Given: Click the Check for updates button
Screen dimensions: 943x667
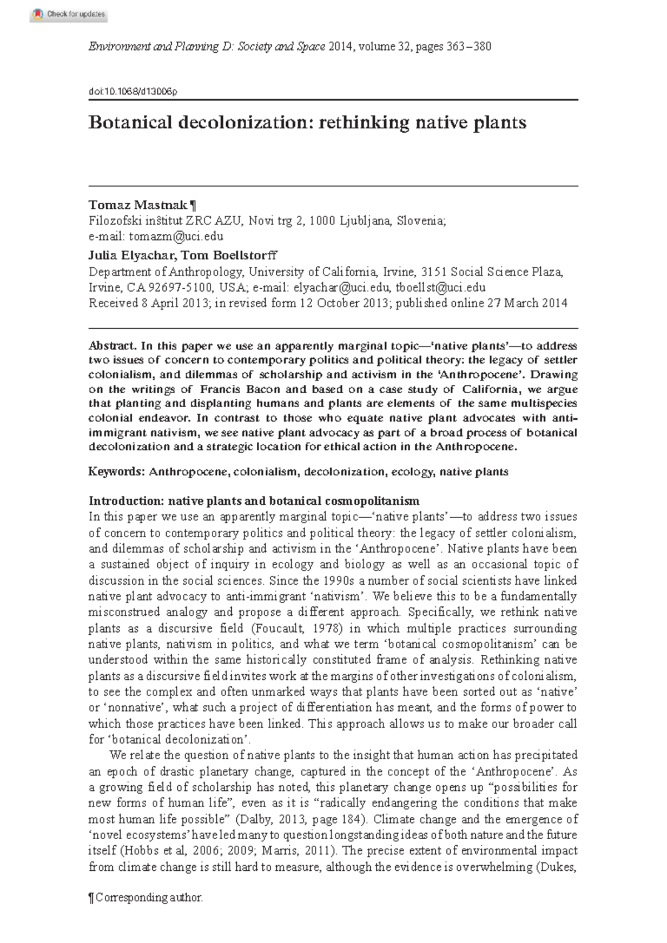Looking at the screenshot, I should pyautogui.click(x=68, y=14).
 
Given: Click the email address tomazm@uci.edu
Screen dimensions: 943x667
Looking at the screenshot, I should pyautogui.click(x=176, y=237).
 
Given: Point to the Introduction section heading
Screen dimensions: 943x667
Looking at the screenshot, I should pyautogui.click(x=254, y=500).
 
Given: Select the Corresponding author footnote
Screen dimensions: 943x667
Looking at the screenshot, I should pyautogui.click(x=146, y=897).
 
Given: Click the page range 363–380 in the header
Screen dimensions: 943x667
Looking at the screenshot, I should pyautogui.click(x=469, y=47).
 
